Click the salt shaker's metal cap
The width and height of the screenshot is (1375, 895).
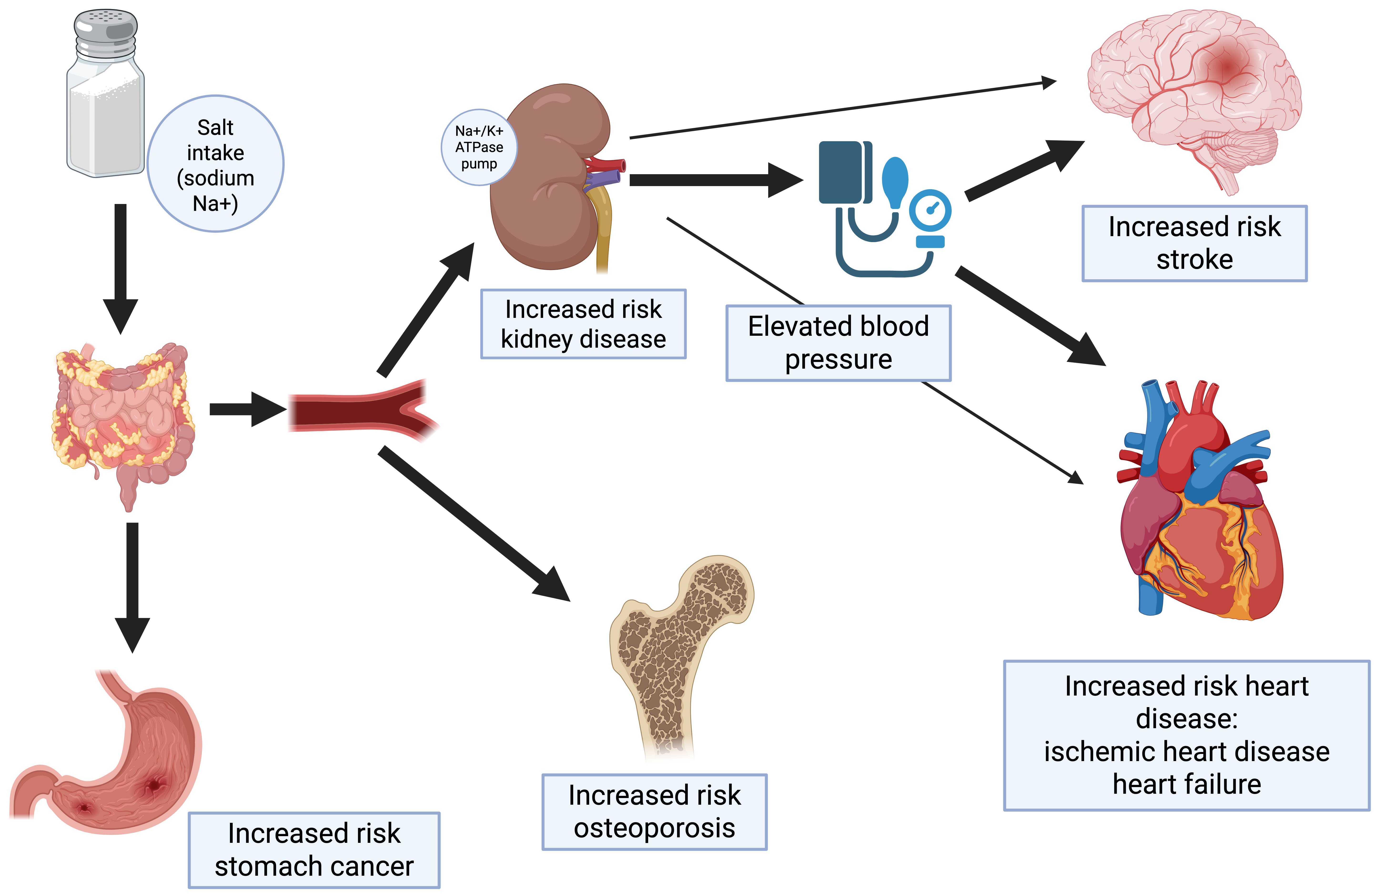point(106,32)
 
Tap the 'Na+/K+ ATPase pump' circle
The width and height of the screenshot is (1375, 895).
point(479,147)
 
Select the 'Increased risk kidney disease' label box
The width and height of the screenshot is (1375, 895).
point(583,324)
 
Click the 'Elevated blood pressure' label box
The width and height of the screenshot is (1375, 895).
point(838,343)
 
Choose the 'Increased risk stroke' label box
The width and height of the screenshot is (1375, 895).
point(1194,243)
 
